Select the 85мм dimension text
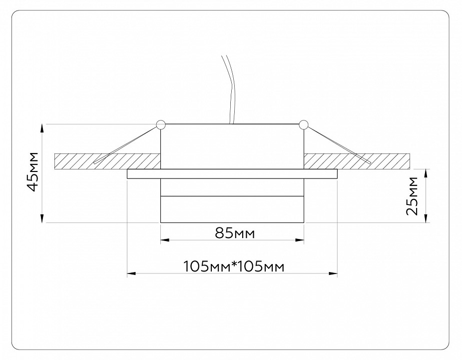(232, 233)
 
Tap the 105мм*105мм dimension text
(234, 266)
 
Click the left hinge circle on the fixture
(160, 124)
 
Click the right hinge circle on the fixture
(303, 124)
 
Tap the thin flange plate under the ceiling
(232, 174)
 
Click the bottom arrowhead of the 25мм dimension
(426, 218)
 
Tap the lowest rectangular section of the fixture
(232, 209)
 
